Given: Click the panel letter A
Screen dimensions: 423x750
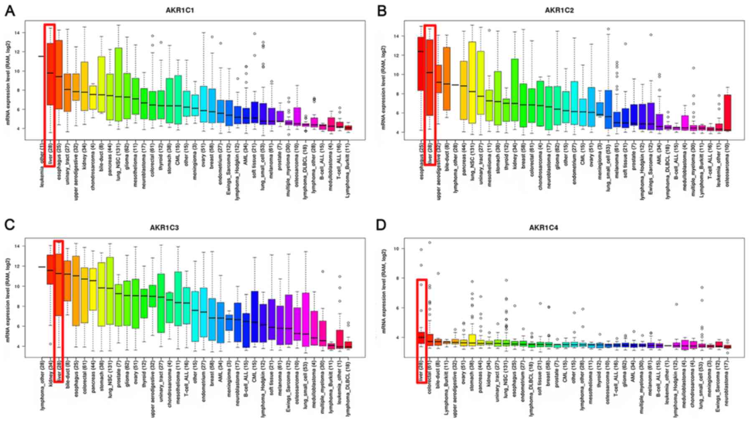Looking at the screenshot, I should [x=10, y=11].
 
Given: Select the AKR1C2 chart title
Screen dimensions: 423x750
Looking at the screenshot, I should [x=559, y=10].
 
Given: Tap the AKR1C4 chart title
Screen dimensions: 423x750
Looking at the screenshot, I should [x=543, y=228].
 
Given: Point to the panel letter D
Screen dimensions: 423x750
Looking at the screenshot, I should [x=381, y=225].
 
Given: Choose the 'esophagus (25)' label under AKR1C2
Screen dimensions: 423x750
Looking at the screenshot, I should [x=421, y=157].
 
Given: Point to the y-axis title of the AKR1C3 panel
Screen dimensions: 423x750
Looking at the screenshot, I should [x=8, y=297].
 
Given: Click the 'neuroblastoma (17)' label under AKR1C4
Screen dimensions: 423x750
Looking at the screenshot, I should [x=728, y=378].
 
